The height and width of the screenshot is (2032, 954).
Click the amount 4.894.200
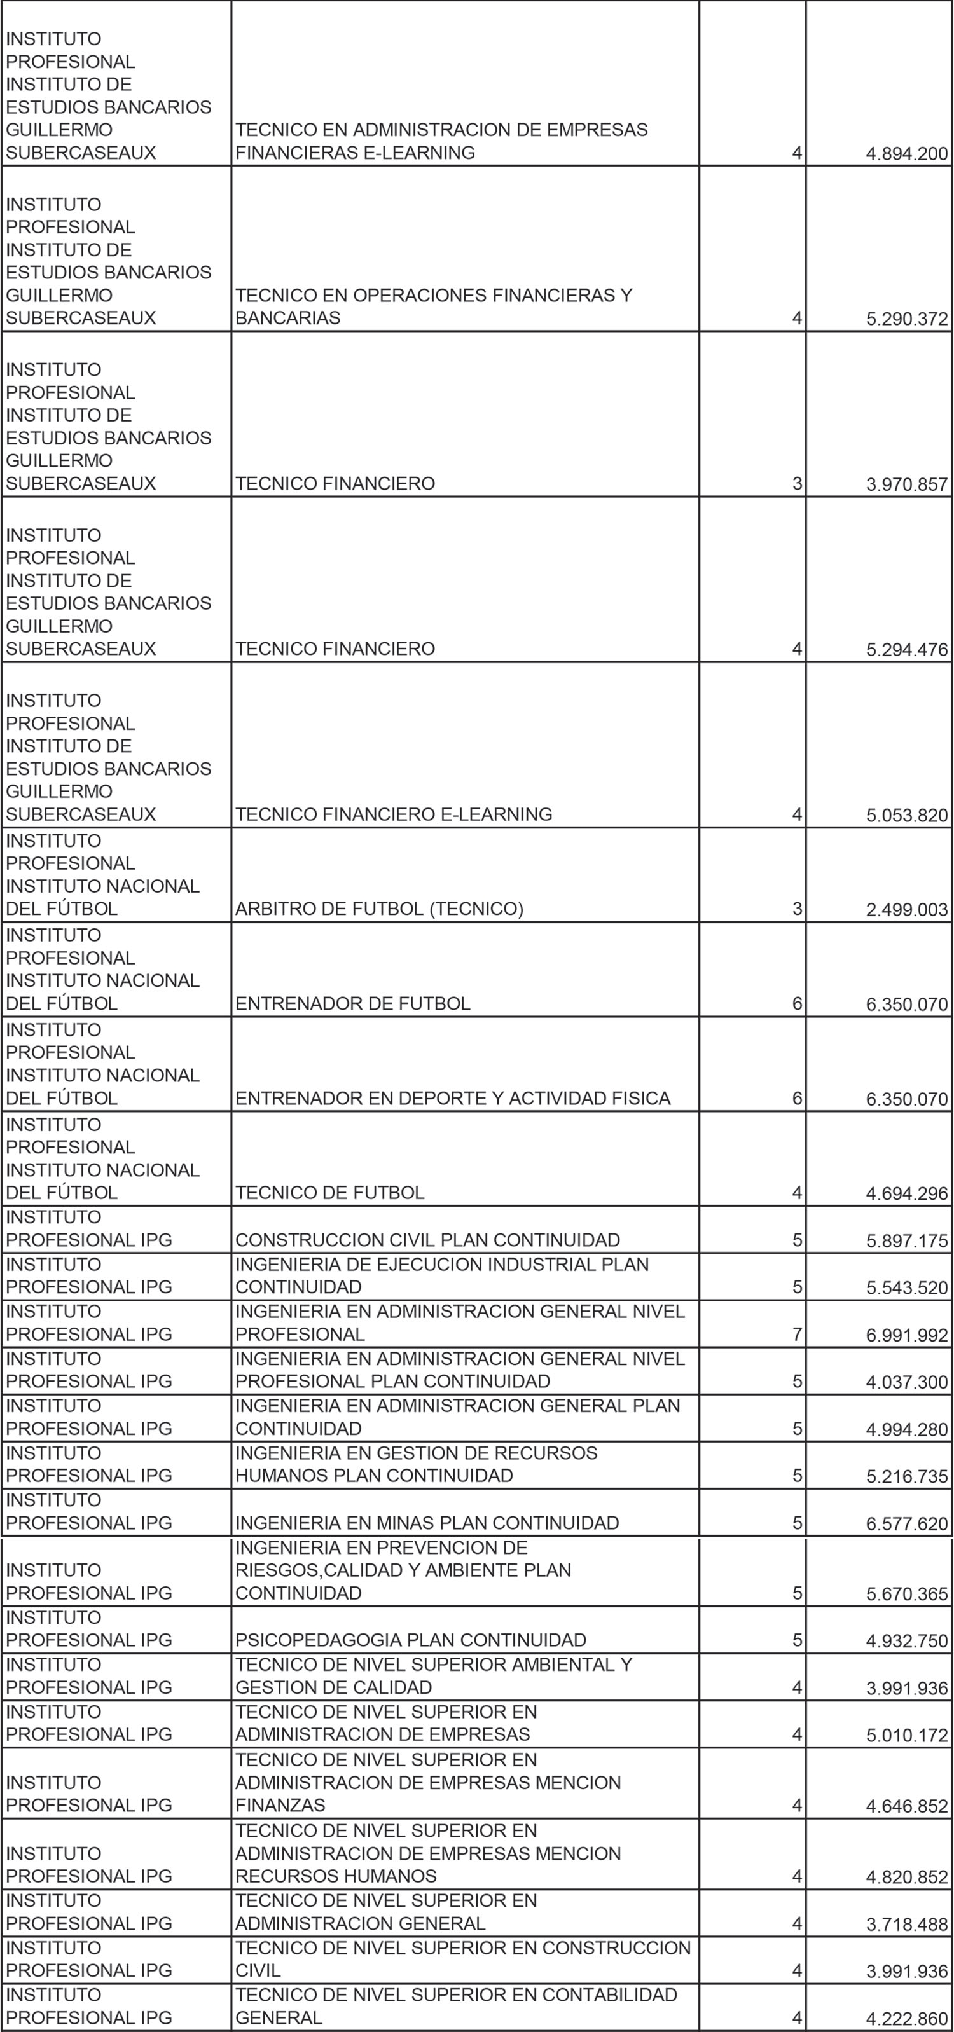(x=907, y=154)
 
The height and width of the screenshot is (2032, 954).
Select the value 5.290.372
(x=907, y=319)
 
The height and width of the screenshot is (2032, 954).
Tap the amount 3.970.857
(x=907, y=485)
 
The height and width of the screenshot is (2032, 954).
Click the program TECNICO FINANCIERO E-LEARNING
(x=394, y=814)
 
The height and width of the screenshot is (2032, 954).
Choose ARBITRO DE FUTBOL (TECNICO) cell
(x=379, y=909)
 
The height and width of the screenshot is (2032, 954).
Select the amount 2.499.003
(x=907, y=910)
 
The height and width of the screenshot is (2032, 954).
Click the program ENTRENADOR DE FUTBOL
(x=353, y=1003)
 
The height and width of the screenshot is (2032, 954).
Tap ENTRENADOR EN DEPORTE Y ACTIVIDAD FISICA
(x=453, y=1098)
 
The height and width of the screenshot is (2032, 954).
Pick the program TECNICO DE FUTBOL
(x=330, y=1193)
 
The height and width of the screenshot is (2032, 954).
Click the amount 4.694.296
(x=907, y=1194)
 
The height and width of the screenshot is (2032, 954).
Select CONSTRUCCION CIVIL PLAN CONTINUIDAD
(x=427, y=1240)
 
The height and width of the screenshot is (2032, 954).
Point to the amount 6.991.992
(x=907, y=1335)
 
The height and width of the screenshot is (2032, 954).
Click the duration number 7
(x=798, y=1335)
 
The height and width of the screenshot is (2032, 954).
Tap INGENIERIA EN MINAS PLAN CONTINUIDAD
(x=427, y=1523)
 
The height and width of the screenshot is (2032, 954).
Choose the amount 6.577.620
(x=907, y=1524)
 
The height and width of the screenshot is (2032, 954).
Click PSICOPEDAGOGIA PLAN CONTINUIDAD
(x=410, y=1640)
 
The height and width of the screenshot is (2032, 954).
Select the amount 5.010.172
(x=907, y=1736)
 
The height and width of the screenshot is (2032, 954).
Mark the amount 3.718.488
(x=907, y=1925)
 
